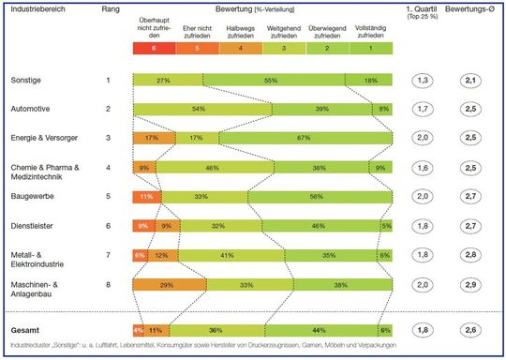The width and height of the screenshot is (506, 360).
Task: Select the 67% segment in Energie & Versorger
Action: pyautogui.click(x=302, y=139)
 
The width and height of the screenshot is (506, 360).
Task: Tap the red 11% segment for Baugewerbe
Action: pyautogui.click(x=146, y=198)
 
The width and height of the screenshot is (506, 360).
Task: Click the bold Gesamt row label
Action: pyautogui.click(x=27, y=331)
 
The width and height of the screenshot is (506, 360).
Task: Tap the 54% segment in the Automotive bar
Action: pyautogui.click(x=199, y=110)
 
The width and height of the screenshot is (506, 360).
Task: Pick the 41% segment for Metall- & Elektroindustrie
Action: pyautogui.click(x=226, y=256)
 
